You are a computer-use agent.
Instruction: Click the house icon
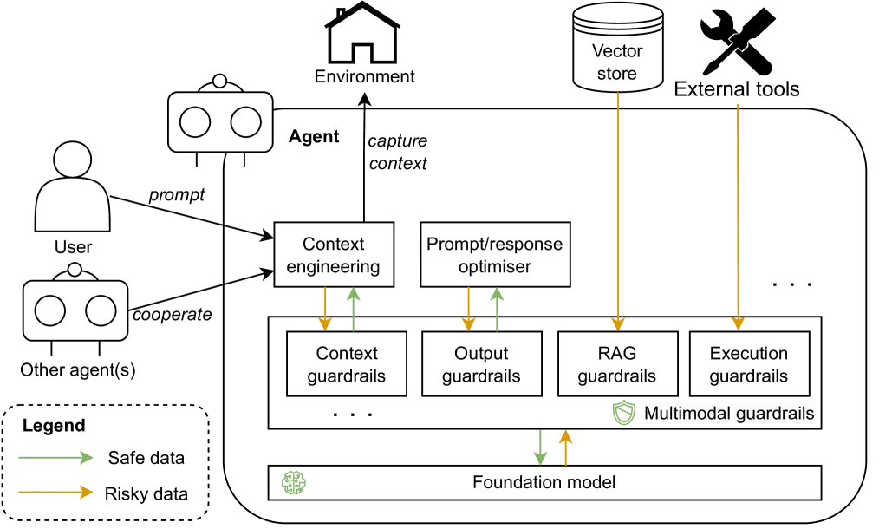[x=362, y=36]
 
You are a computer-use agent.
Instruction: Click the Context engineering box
[x=334, y=255]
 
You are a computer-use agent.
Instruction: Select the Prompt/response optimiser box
[x=495, y=255]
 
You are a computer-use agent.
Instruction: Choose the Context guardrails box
[x=347, y=365]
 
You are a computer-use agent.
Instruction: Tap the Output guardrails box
[x=481, y=365]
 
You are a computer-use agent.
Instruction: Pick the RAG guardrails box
[x=616, y=365]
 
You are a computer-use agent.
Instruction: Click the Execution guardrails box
[x=749, y=365]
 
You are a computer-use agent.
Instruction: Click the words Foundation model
[x=544, y=482]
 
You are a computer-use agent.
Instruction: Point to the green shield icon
[x=624, y=414]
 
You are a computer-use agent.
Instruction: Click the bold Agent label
[x=314, y=137]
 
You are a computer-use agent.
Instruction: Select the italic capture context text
[x=398, y=152]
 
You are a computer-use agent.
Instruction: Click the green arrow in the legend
[x=56, y=458]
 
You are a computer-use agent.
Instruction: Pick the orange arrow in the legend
[x=56, y=492]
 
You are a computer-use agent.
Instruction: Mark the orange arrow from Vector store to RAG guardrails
[x=617, y=208]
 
